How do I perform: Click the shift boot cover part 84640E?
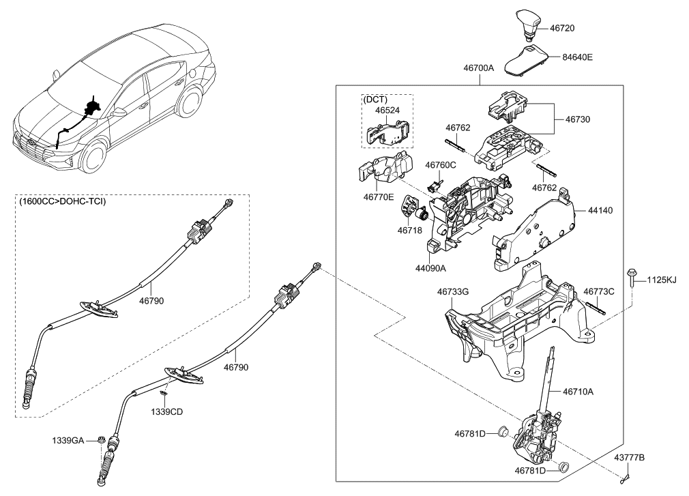(526, 59)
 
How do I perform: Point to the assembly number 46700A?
(481, 70)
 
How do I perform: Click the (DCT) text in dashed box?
(375, 99)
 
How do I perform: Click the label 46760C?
(440, 164)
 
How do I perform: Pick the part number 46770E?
(379, 196)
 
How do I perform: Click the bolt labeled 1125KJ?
(634, 278)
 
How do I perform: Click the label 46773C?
(599, 291)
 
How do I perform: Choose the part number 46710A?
(578, 392)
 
